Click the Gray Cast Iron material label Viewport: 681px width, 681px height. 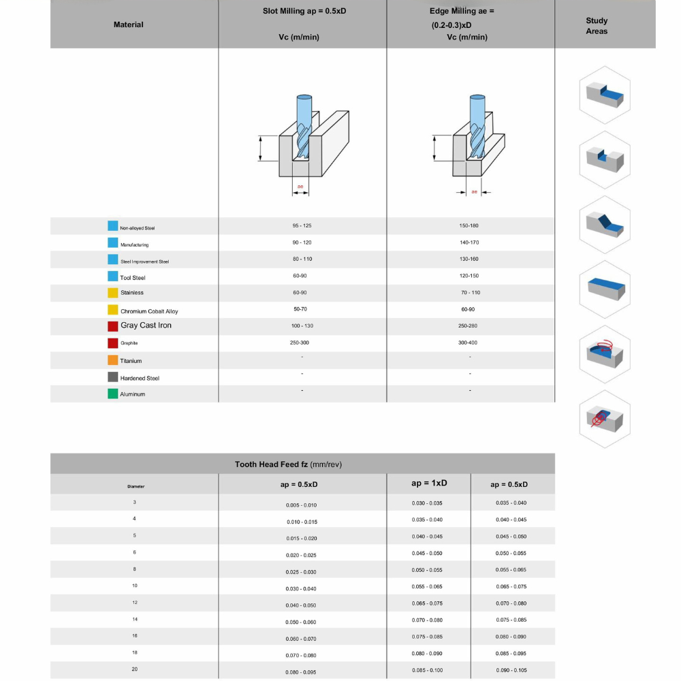[146, 326]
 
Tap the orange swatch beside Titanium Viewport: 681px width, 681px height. [113, 360]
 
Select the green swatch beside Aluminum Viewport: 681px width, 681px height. [113, 394]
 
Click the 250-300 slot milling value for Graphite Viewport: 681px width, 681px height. [300, 343]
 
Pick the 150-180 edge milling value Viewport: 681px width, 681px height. [469, 225]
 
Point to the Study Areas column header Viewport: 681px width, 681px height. [597, 26]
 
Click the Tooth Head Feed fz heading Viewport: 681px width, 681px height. [288, 464]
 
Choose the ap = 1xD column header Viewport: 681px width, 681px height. [429, 483]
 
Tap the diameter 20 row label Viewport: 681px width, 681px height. [135, 669]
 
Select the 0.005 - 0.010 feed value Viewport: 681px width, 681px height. [301, 505]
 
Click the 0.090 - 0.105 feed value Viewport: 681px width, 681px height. [511, 670]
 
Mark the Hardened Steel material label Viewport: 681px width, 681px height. [140, 378]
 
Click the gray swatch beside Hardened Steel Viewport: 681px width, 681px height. [113, 377]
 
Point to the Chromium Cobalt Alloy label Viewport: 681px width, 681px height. [149, 311]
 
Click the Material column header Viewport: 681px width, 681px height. [129, 25]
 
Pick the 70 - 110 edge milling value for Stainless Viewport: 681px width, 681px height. [471, 293]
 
